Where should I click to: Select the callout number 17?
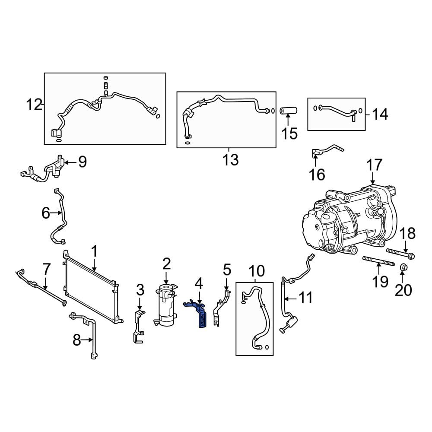(375, 165)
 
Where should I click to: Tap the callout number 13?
(230, 160)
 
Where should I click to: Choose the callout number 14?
(380, 114)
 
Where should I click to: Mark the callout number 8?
(77, 340)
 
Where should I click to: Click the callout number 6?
(46, 213)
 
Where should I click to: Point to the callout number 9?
(82, 162)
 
